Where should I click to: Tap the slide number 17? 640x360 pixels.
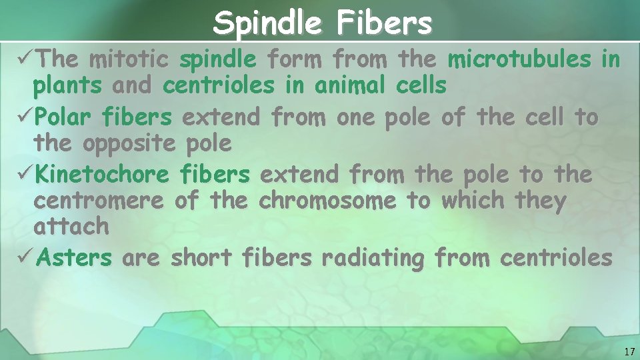coord(629,351)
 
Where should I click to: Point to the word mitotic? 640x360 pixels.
coord(128,60)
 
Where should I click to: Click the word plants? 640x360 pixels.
coord(68,86)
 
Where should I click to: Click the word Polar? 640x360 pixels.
coord(65,117)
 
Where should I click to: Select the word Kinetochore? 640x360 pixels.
coord(103,175)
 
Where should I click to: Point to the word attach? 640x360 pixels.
coord(71,226)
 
